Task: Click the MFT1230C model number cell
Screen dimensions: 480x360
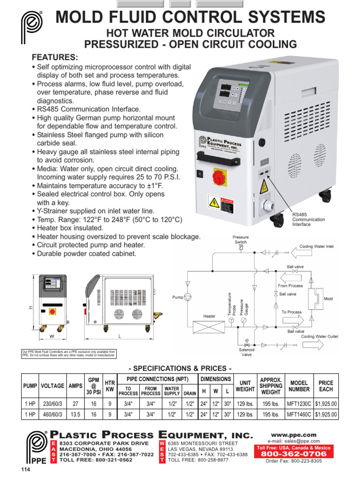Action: point(299,403)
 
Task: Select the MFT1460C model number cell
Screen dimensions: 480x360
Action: point(299,414)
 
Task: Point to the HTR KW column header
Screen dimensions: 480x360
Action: point(110,386)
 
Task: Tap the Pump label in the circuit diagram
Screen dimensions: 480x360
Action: point(178,297)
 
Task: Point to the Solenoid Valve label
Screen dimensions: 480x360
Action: point(247,352)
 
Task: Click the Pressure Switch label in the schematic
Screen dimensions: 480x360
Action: point(240,240)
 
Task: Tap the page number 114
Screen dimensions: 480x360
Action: point(25,470)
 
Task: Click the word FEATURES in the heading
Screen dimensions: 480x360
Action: point(54,57)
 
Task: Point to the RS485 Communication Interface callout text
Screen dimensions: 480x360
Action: point(308,219)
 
